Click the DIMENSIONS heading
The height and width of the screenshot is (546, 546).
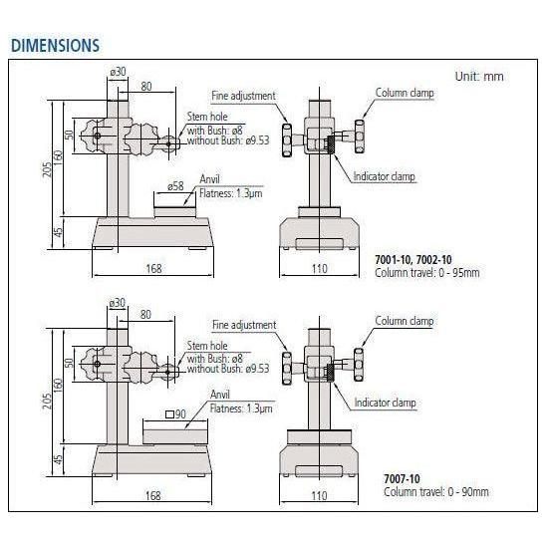pos(55,46)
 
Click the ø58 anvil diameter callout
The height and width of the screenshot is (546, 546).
pos(176,185)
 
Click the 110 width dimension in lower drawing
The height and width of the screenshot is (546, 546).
pos(318,495)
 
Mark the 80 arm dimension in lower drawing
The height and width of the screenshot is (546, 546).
pos(145,314)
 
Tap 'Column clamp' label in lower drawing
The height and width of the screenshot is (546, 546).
pos(404,321)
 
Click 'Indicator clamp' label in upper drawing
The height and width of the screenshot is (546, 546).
pos(384,177)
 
